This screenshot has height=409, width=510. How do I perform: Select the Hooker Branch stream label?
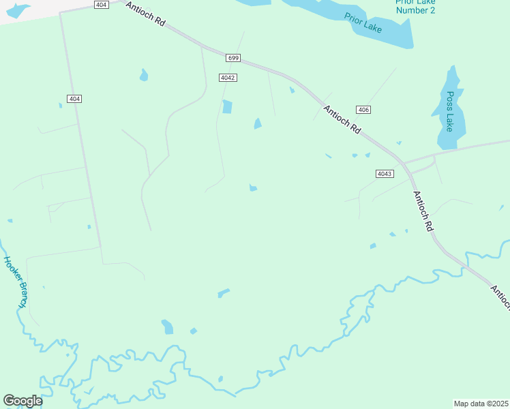point(16,281)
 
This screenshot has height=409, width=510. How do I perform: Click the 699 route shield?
point(233,59)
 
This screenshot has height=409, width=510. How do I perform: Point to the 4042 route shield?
point(228,78)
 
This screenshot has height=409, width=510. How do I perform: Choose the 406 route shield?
point(363,110)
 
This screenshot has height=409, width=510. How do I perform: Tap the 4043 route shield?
point(384,174)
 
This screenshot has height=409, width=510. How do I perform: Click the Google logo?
point(22,401)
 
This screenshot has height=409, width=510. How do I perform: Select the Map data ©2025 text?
point(481,404)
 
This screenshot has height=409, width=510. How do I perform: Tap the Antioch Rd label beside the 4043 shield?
point(423,211)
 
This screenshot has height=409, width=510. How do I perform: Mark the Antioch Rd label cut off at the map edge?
point(500,298)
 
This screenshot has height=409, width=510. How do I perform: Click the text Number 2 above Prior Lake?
point(415,10)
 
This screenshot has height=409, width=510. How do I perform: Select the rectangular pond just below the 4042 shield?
point(227,107)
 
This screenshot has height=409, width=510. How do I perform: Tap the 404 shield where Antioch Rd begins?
point(101,5)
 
